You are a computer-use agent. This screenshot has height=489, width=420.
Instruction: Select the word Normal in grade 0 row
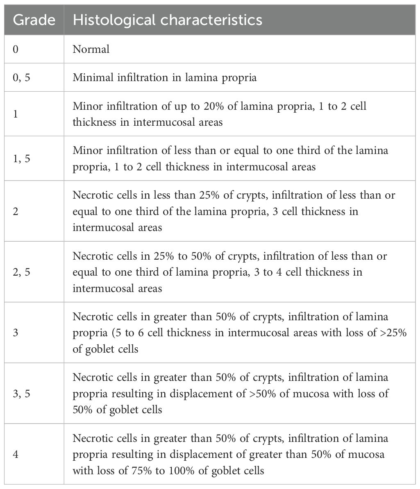pyautogui.click(x=91, y=50)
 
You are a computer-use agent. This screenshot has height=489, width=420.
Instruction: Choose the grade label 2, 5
pyautogui.click(x=21, y=272)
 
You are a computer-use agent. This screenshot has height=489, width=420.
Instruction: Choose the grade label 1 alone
pyautogui.click(x=16, y=113)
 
